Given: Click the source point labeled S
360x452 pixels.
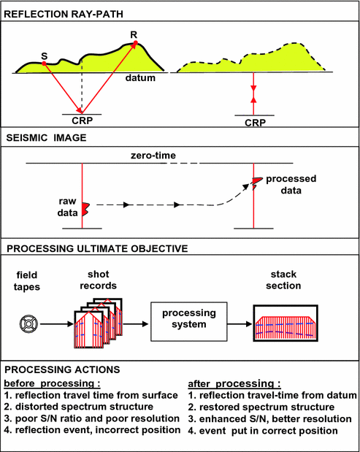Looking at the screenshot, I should (45, 64).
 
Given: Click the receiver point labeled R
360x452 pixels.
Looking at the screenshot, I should (135, 44).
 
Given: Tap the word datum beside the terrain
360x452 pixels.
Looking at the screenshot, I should (139, 77).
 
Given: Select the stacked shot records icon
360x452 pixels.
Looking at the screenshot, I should (96, 322).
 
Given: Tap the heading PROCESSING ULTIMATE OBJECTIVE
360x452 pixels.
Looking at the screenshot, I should (96, 248).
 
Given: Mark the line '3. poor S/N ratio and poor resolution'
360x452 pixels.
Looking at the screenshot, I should (93, 419).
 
